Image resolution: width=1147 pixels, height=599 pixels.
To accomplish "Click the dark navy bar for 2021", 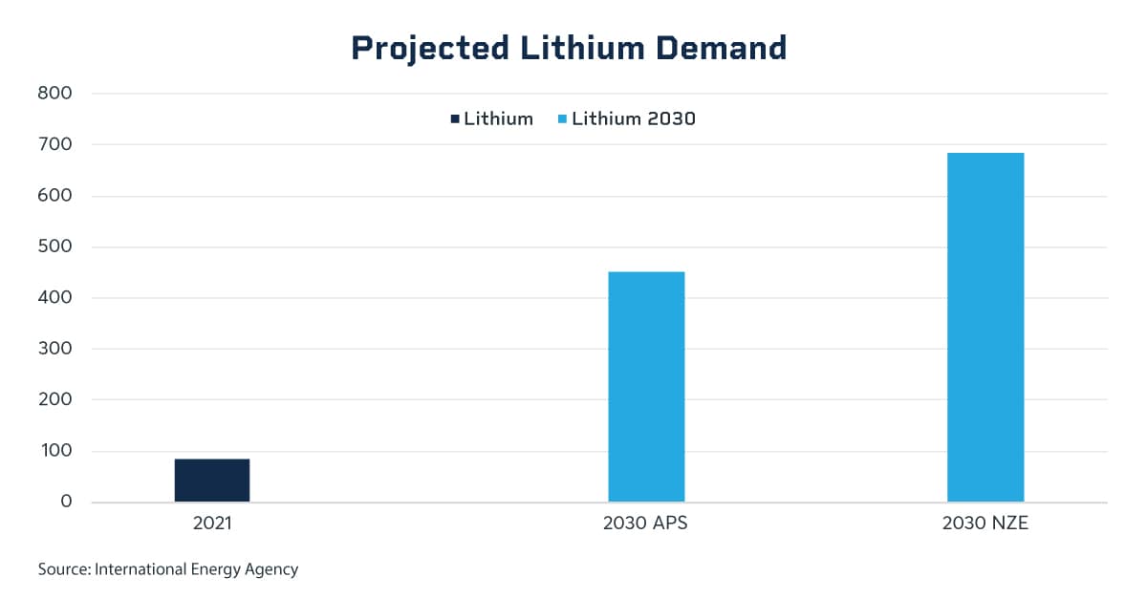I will coord(211,480).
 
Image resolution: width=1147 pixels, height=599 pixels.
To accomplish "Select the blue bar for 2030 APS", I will coord(646,387).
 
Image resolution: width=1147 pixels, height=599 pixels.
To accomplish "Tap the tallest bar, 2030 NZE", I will coord(985,327).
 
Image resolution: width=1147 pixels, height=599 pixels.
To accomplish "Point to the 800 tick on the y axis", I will coord(55,94).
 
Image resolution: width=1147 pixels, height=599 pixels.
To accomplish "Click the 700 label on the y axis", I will coord(55,144).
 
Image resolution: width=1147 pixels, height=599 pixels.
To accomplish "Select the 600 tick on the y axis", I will coord(55,196).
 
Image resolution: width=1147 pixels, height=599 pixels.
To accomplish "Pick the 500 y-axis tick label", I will coord(55,246).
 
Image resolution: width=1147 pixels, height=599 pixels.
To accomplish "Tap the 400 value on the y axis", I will coord(55,298).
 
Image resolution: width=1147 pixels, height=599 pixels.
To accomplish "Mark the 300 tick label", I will coord(55,349).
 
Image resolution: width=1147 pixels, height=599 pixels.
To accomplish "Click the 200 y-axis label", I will coord(55,399).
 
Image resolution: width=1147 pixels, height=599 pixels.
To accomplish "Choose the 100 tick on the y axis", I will coord(55,451).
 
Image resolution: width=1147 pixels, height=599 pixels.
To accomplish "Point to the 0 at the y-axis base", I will coord(66,502).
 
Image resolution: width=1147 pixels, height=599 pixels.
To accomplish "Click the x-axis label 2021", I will coord(212,524).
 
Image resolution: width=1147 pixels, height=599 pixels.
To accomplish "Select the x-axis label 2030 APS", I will coord(645,524).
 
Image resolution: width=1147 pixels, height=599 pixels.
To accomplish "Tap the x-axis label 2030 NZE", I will coord(985,524).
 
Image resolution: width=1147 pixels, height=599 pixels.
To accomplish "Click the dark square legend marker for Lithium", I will coord(455,119).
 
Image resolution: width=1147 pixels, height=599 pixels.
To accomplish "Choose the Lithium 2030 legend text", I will coord(633,119).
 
